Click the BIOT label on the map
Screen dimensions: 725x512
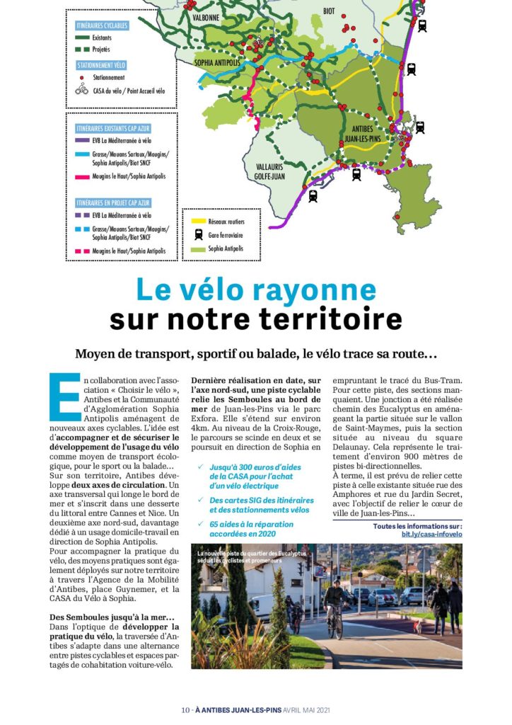click(x=329, y=11)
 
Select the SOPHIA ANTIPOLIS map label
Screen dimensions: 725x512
click(x=217, y=63)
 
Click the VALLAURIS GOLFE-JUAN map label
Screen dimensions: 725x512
click(x=270, y=170)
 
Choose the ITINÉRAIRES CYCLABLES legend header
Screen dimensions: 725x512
click(x=102, y=25)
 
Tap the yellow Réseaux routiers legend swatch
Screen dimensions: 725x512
click(x=197, y=222)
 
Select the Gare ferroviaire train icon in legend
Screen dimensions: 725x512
click(x=197, y=235)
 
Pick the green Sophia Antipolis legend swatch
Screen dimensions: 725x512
click(x=197, y=249)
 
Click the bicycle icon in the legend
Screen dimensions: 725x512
click(x=82, y=91)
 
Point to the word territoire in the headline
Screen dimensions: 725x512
click(x=318, y=320)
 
